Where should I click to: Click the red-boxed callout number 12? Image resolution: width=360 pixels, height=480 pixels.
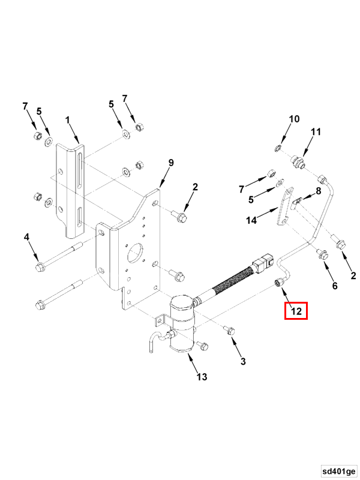point(296,311)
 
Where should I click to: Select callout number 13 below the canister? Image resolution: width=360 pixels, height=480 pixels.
point(202,377)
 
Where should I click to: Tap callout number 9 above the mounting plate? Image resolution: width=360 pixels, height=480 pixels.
point(170,163)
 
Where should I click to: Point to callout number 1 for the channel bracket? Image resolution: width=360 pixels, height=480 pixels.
point(68,120)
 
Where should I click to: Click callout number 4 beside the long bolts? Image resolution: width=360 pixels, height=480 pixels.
point(26,238)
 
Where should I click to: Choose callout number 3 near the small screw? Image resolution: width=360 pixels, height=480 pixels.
point(242,361)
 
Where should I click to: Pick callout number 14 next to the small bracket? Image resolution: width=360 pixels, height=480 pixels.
point(251,220)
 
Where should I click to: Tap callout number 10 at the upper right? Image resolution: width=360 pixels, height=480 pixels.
point(293,119)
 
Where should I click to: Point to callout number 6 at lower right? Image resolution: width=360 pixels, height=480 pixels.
point(335,286)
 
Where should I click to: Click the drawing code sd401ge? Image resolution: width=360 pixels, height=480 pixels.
point(338,469)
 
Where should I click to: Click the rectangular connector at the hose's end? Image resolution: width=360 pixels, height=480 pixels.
point(263,263)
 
